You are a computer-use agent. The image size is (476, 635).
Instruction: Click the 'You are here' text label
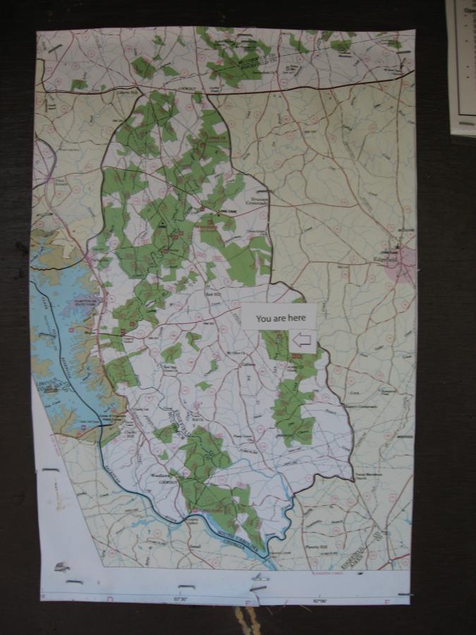[x=277, y=318]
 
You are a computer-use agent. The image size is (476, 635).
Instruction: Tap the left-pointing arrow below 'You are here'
[x=302, y=341]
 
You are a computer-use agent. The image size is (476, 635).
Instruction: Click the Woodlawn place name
[x=161, y=474]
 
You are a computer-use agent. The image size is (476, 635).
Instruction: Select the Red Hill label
[x=213, y=292]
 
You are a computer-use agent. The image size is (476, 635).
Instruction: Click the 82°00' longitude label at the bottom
[x=320, y=600]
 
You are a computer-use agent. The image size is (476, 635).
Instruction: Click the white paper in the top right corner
[x=462, y=64]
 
